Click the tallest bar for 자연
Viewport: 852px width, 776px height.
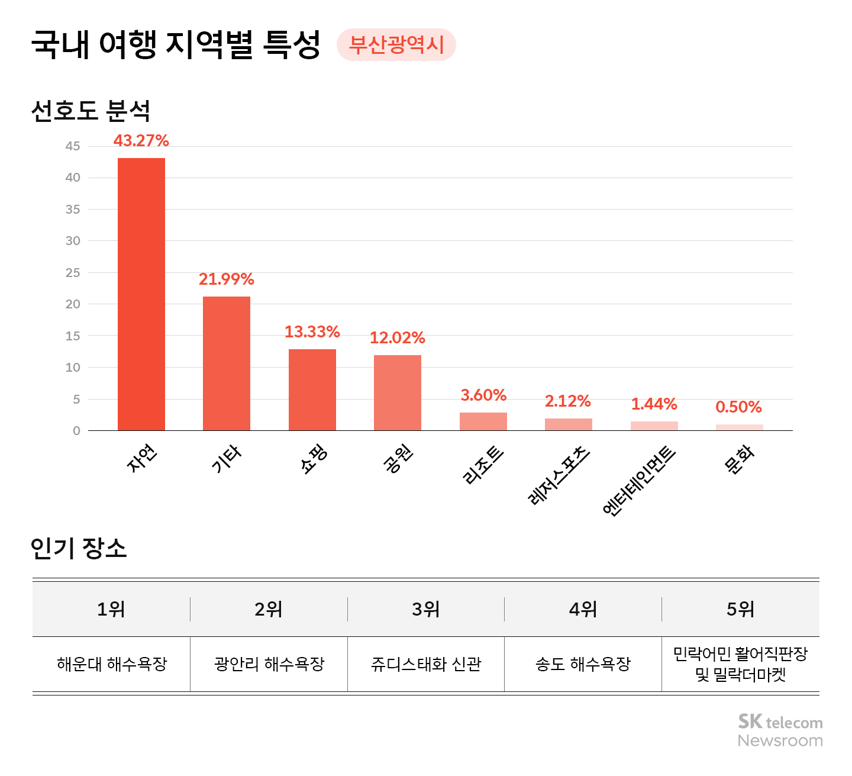(x=141, y=294)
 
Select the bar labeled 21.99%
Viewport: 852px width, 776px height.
(x=227, y=363)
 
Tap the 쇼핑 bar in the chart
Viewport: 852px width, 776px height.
(x=312, y=390)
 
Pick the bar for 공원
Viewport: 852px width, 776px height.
(x=398, y=393)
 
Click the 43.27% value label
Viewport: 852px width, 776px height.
(x=141, y=141)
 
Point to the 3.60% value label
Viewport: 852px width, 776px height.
(x=483, y=395)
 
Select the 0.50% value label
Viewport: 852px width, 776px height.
(x=738, y=407)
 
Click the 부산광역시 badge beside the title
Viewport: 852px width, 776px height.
(x=396, y=45)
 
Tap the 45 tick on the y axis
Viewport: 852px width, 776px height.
(x=73, y=146)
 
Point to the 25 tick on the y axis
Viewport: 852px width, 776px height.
(x=73, y=273)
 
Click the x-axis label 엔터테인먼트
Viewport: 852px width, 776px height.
(x=639, y=481)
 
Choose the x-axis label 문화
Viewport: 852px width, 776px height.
(x=740, y=460)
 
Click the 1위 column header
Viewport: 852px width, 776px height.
(x=111, y=609)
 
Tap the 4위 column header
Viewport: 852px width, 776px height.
(x=583, y=609)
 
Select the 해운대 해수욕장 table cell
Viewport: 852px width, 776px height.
(x=112, y=664)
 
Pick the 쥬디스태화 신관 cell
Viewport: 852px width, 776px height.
(x=426, y=664)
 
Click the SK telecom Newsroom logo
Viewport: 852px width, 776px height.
(x=780, y=731)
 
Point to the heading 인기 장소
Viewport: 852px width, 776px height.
(x=79, y=548)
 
